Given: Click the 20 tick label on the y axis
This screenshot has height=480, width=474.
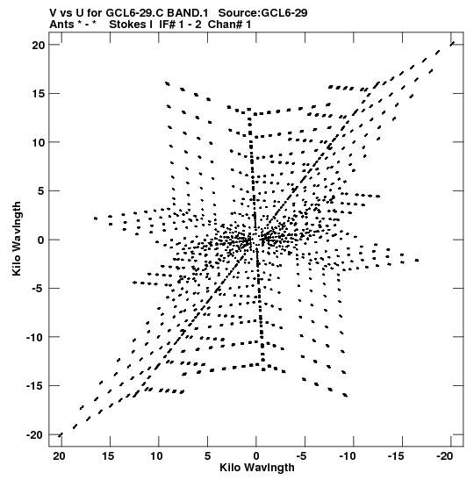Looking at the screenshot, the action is pos(39,45).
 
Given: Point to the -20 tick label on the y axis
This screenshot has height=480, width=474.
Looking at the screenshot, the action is pos(35,434).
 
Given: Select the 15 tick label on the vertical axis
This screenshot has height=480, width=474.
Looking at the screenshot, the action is pos(39,94).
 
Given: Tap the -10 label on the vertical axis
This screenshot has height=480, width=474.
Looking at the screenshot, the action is pos(35,337).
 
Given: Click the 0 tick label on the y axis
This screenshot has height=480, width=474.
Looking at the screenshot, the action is pos(41,240).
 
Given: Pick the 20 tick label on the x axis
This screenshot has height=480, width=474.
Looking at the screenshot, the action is pos(59,456).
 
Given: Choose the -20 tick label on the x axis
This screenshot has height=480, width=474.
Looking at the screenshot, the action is pos(445,456).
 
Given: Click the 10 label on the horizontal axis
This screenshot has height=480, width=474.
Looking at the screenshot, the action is pos(156,456).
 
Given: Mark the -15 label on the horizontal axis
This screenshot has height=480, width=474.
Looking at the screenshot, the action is pos(397,456).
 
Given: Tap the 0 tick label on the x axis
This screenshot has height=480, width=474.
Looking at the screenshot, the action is pos(256,456).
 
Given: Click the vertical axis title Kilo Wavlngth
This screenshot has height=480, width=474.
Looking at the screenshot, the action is pos(17,239).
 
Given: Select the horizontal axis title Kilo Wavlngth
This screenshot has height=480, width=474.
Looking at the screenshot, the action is pos(257,468).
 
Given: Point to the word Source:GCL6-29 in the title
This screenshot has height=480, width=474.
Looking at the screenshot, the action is pos(262,13).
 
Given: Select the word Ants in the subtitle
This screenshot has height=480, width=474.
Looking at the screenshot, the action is pos(61,25).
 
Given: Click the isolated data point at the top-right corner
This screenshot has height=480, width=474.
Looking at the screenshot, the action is pos(452,44).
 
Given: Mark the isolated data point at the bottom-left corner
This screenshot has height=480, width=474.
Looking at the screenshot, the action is pos(61,435).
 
